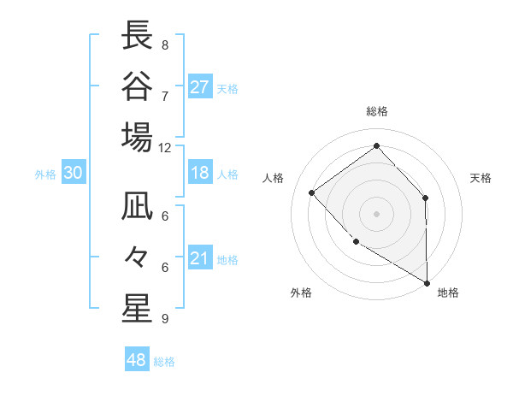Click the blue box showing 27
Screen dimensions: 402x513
(199, 86)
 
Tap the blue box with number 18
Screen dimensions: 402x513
(199, 173)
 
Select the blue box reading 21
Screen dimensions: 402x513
(199, 258)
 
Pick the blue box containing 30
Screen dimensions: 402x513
(73, 173)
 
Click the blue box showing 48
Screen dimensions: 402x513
(136, 360)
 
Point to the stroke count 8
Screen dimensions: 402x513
(165, 44)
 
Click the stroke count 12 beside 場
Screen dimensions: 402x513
(165, 147)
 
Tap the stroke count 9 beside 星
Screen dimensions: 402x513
(165, 319)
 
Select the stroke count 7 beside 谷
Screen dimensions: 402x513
(165, 95)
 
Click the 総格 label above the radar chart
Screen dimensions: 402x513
(376, 111)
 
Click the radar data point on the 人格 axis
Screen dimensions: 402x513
(312, 192)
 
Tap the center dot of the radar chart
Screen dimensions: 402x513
(376, 213)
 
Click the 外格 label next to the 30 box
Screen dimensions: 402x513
(45, 174)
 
